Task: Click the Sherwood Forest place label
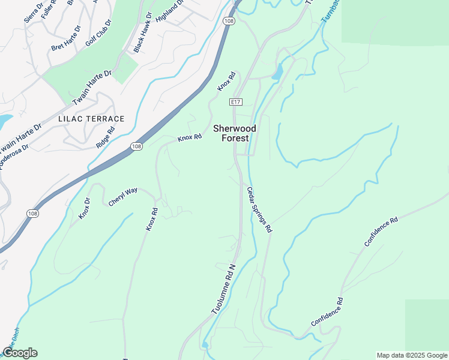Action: tap(235, 133)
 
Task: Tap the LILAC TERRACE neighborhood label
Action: tap(91, 119)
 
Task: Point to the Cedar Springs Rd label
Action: tap(260, 209)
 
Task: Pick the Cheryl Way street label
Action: tap(123, 197)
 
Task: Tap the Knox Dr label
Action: tap(85, 208)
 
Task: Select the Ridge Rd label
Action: tap(106, 137)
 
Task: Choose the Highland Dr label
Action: tap(168, 11)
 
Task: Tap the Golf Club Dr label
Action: tap(98, 32)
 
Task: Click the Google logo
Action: tap(20, 353)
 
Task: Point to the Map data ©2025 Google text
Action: tap(411, 355)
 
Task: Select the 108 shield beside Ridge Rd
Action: tap(137, 146)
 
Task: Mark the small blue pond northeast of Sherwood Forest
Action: tap(277, 73)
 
